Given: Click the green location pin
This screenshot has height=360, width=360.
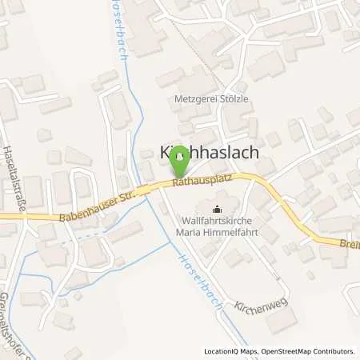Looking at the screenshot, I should click(x=180, y=165).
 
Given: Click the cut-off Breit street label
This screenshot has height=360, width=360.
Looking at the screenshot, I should click(x=350, y=247).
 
